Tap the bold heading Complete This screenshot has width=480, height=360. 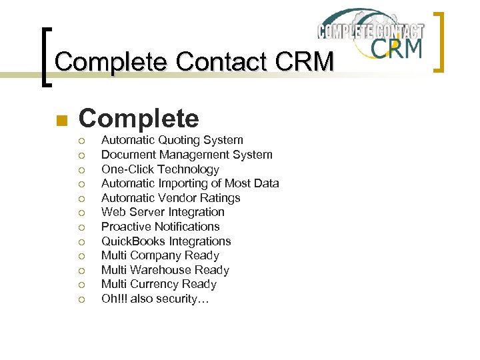point(139,119)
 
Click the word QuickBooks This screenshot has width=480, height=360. point(133,241)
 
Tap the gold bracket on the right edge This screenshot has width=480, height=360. point(439,41)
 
